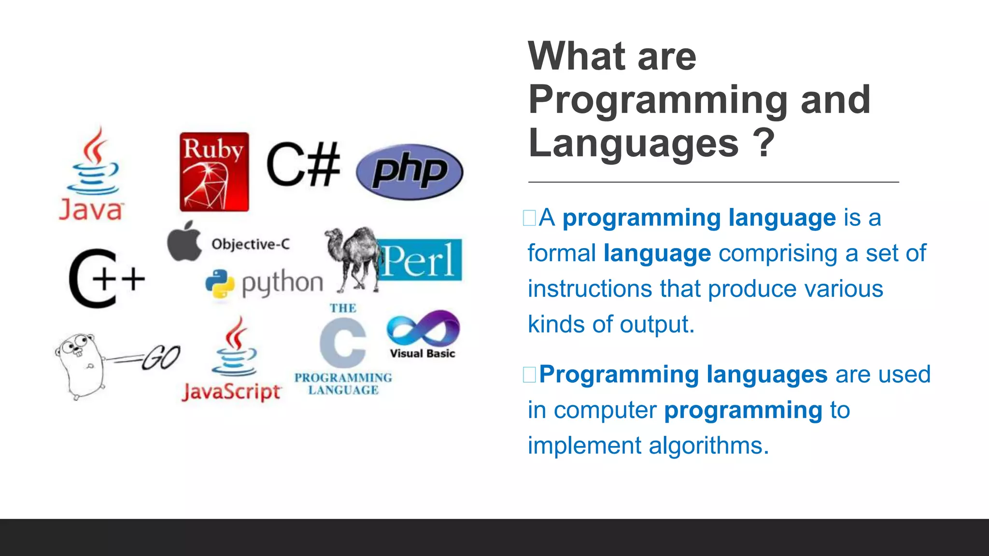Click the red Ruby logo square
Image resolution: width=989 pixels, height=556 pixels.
pyautogui.click(x=214, y=172)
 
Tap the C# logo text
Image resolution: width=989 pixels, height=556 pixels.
pyautogui.click(x=303, y=165)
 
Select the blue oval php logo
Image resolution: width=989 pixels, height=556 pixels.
pyautogui.click(x=410, y=172)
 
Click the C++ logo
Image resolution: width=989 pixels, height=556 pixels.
pyautogui.click(x=106, y=279)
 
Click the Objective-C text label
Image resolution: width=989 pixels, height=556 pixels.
pyautogui.click(x=251, y=244)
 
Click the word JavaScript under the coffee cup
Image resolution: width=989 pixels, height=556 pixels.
pyautogui.click(x=231, y=392)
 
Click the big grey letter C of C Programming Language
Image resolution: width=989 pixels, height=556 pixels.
pyautogui.click(x=343, y=343)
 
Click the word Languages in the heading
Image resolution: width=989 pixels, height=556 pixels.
pyautogui.click(x=633, y=144)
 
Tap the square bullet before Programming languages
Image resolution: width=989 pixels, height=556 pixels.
pyautogui.click(x=529, y=375)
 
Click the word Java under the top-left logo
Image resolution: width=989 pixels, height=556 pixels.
pyautogui.click(x=91, y=210)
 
